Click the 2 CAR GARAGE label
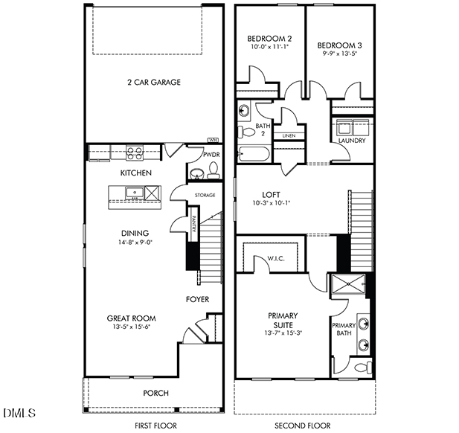click(x=155, y=83)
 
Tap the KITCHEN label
click(x=136, y=173)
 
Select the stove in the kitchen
click(x=135, y=153)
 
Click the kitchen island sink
click(x=135, y=194)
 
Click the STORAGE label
click(x=205, y=195)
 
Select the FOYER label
click(x=197, y=299)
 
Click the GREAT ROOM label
click(x=131, y=318)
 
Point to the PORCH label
click(x=155, y=393)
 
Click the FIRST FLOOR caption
click(x=154, y=425)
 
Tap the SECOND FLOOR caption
click(x=302, y=425)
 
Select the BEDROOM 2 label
click(x=269, y=39)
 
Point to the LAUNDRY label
click(x=351, y=140)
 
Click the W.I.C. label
click(x=277, y=259)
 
